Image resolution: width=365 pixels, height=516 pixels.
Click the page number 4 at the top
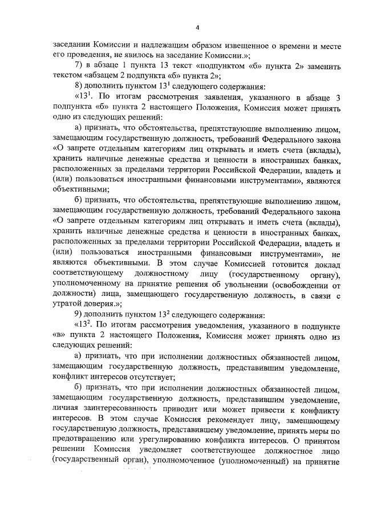pos(196,27)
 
